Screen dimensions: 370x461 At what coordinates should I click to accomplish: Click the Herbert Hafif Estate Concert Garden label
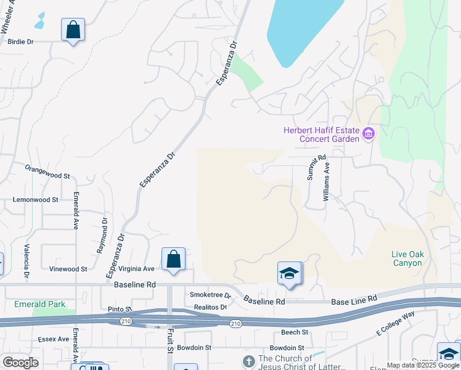(x=320, y=134)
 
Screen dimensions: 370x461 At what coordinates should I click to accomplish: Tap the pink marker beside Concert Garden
(x=369, y=134)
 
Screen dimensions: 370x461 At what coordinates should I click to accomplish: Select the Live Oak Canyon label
(x=407, y=258)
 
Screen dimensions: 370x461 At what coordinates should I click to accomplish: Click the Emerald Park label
(x=40, y=304)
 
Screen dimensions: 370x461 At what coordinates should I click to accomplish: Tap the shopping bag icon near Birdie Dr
(x=73, y=30)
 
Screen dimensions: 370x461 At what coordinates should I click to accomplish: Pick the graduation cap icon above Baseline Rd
(x=288, y=274)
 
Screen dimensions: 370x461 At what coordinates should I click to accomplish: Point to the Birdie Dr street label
(x=20, y=42)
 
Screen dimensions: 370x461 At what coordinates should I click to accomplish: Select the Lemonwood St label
(x=36, y=200)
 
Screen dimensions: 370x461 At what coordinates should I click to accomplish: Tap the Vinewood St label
(x=68, y=269)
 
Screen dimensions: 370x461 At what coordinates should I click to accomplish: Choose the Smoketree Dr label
(x=210, y=295)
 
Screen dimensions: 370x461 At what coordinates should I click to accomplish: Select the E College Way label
(x=396, y=325)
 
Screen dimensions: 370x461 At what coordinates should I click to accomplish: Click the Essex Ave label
(x=54, y=339)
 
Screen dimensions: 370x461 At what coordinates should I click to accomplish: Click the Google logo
(x=20, y=363)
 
